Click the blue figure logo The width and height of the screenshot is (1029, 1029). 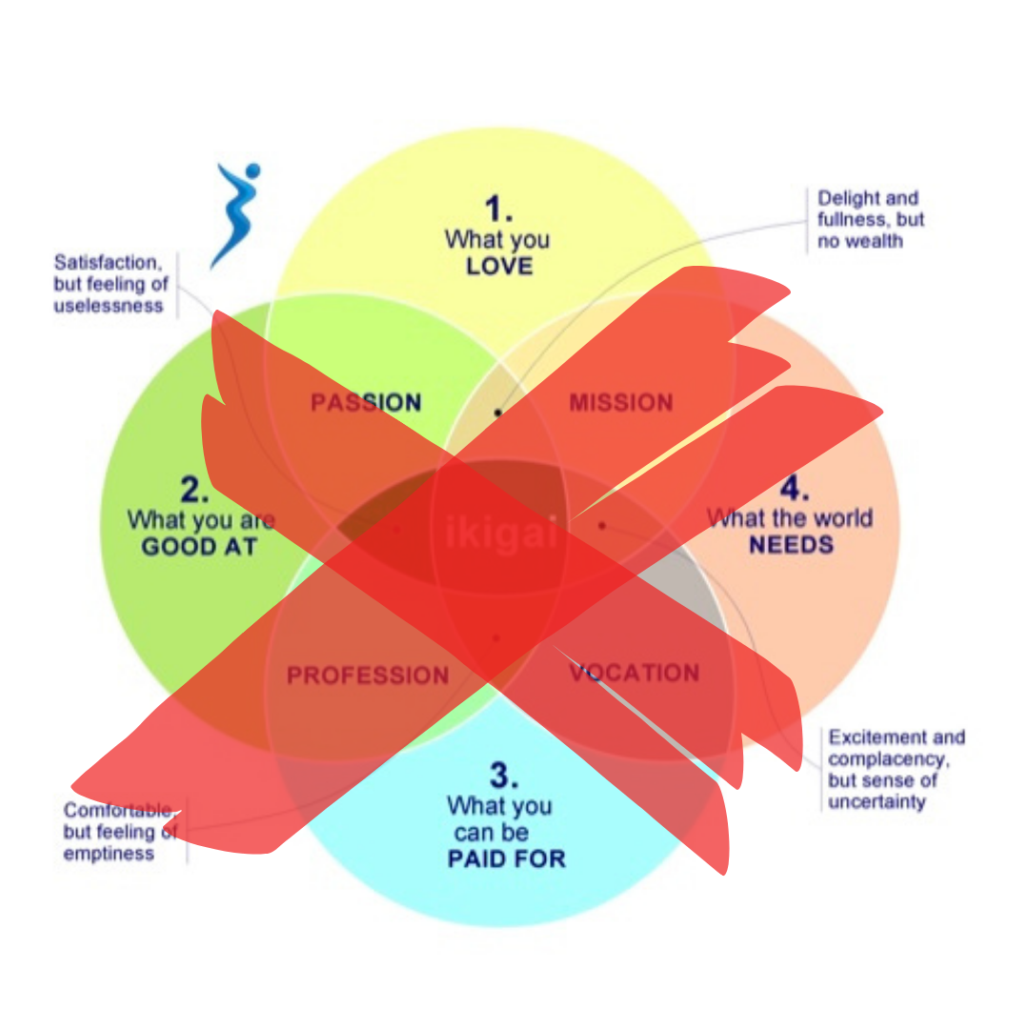tap(233, 215)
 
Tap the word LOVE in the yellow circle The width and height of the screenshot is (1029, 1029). tap(498, 266)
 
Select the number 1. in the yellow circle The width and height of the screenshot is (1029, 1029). tap(497, 208)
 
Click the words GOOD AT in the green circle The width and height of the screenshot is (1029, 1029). tap(199, 547)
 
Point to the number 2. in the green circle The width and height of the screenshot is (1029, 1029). tap(194, 490)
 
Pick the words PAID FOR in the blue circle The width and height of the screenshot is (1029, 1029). tap(506, 858)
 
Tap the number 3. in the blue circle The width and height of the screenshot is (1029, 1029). tap(504, 776)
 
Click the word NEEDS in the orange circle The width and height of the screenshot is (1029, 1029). tap(791, 545)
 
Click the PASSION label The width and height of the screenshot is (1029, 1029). tap(366, 402)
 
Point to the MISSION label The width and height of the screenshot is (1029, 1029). tap(621, 403)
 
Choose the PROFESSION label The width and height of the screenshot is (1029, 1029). tap(368, 676)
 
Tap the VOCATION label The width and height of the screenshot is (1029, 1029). tap(634, 673)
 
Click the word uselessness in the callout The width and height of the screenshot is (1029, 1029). tap(109, 306)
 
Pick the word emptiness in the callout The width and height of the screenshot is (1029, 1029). tap(109, 853)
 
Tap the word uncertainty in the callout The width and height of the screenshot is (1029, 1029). tap(877, 801)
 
